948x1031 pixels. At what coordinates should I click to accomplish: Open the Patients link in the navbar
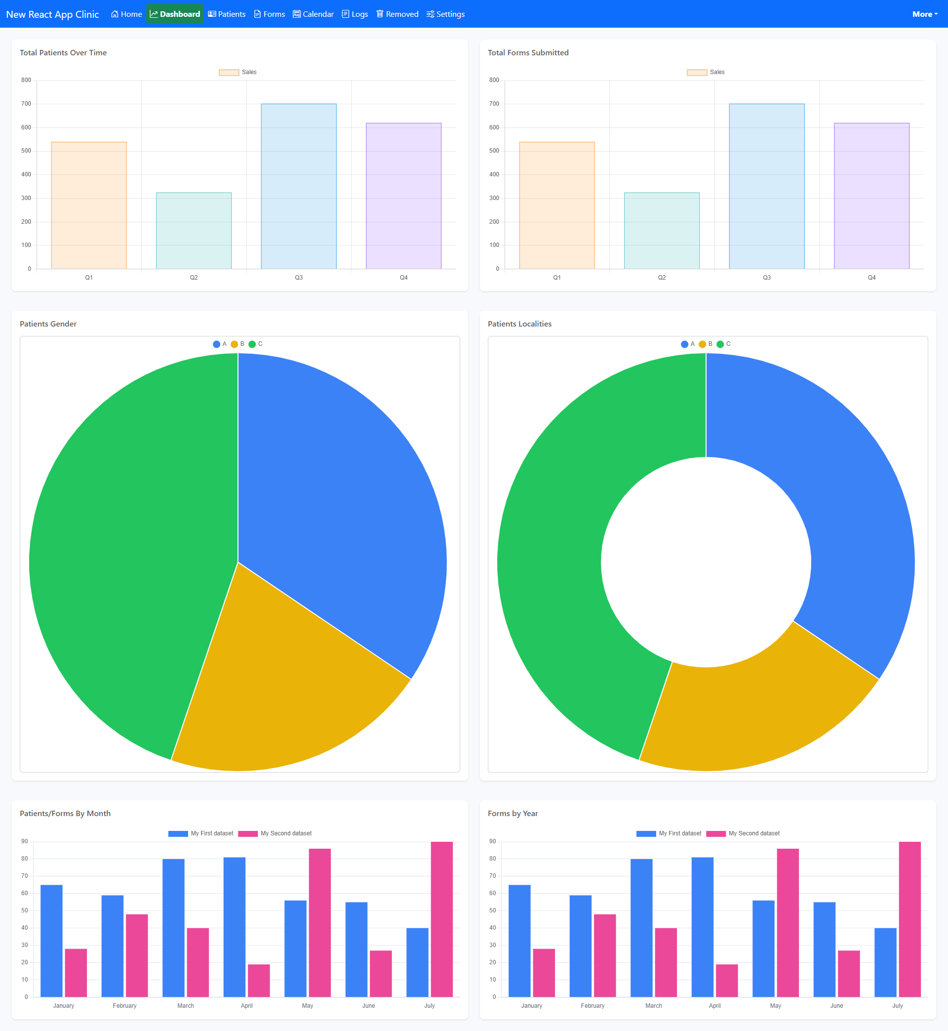(227, 14)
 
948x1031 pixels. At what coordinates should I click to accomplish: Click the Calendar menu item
(313, 14)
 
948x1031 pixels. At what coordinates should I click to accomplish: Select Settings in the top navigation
(445, 14)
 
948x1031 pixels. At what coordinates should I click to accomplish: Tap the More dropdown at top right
(925, 14)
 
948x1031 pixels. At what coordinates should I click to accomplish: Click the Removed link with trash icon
(397, 14)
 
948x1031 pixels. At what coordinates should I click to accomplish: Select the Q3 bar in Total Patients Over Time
(299, 186)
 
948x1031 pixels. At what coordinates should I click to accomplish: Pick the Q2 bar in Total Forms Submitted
(662, 230)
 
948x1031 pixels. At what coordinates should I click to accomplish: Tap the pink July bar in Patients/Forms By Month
(442, 919)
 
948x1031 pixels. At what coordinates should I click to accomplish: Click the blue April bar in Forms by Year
(702, 927)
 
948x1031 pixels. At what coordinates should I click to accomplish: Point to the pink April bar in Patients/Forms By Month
(259, 981)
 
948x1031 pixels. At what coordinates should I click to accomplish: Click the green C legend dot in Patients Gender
(252, 344)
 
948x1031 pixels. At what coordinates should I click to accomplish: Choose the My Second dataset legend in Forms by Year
(743, 833)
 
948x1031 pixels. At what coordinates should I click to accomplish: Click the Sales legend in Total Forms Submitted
(706, 72)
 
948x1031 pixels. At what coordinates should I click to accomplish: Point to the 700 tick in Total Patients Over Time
(26, 104)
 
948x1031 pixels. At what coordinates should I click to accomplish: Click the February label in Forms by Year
(592, 1006)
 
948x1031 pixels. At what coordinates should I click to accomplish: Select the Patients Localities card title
(519, 324)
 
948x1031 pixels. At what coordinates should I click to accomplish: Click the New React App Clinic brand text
(52, 14)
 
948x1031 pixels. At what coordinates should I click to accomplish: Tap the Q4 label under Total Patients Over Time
(404, 278)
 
